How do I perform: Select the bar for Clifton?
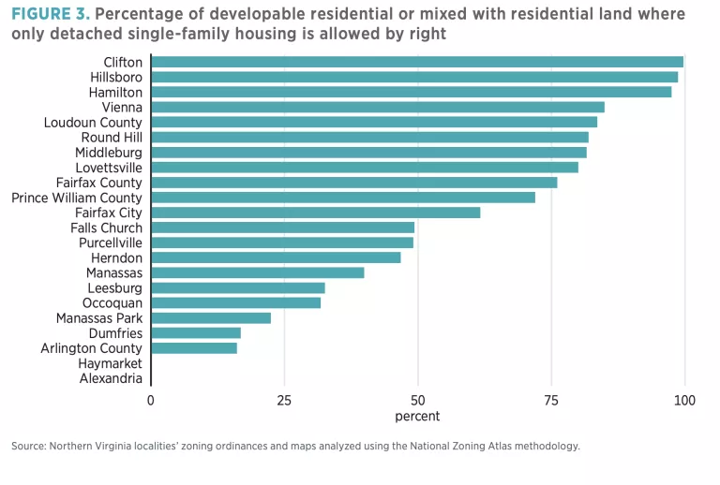pyautogui.click(x=417, y=62)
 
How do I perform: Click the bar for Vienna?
pyautogui.click(x=378, y=107)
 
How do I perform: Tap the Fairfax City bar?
pyautogui.click(x=316, y=213)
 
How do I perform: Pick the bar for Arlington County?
pyautogui.click(x=194, y=348)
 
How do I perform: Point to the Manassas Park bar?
pyautogui.click(x=211, y=318)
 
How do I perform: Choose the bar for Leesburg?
pyautogui.click(x=238, y=288)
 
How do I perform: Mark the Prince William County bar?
pyautogui.click(x=343, y=198)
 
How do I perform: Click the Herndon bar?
pyautogui.click(x=276, y=257)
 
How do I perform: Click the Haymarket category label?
pyautogui.click(x=111, y=363)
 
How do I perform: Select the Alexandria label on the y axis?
pyautogui.click(x=111, y=378)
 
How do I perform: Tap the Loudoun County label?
pyautogui.click(x=93, y=123)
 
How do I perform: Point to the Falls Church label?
pyautogui.click(x=106, y=228)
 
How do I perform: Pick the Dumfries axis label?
pyautogui.click(x=115, y=333)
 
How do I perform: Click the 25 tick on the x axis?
pyautogui.click(x=284, y=401)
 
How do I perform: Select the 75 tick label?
pyautogui.click(x=551, y=401)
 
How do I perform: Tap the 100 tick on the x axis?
pyautogui.click(x=684, y=401)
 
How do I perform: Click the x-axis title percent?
pyautogui.click(x=417, y=417)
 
